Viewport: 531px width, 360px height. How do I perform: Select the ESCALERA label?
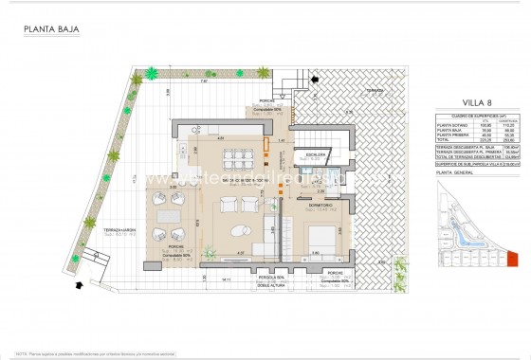pyautogui.click(x=316, y=153)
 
